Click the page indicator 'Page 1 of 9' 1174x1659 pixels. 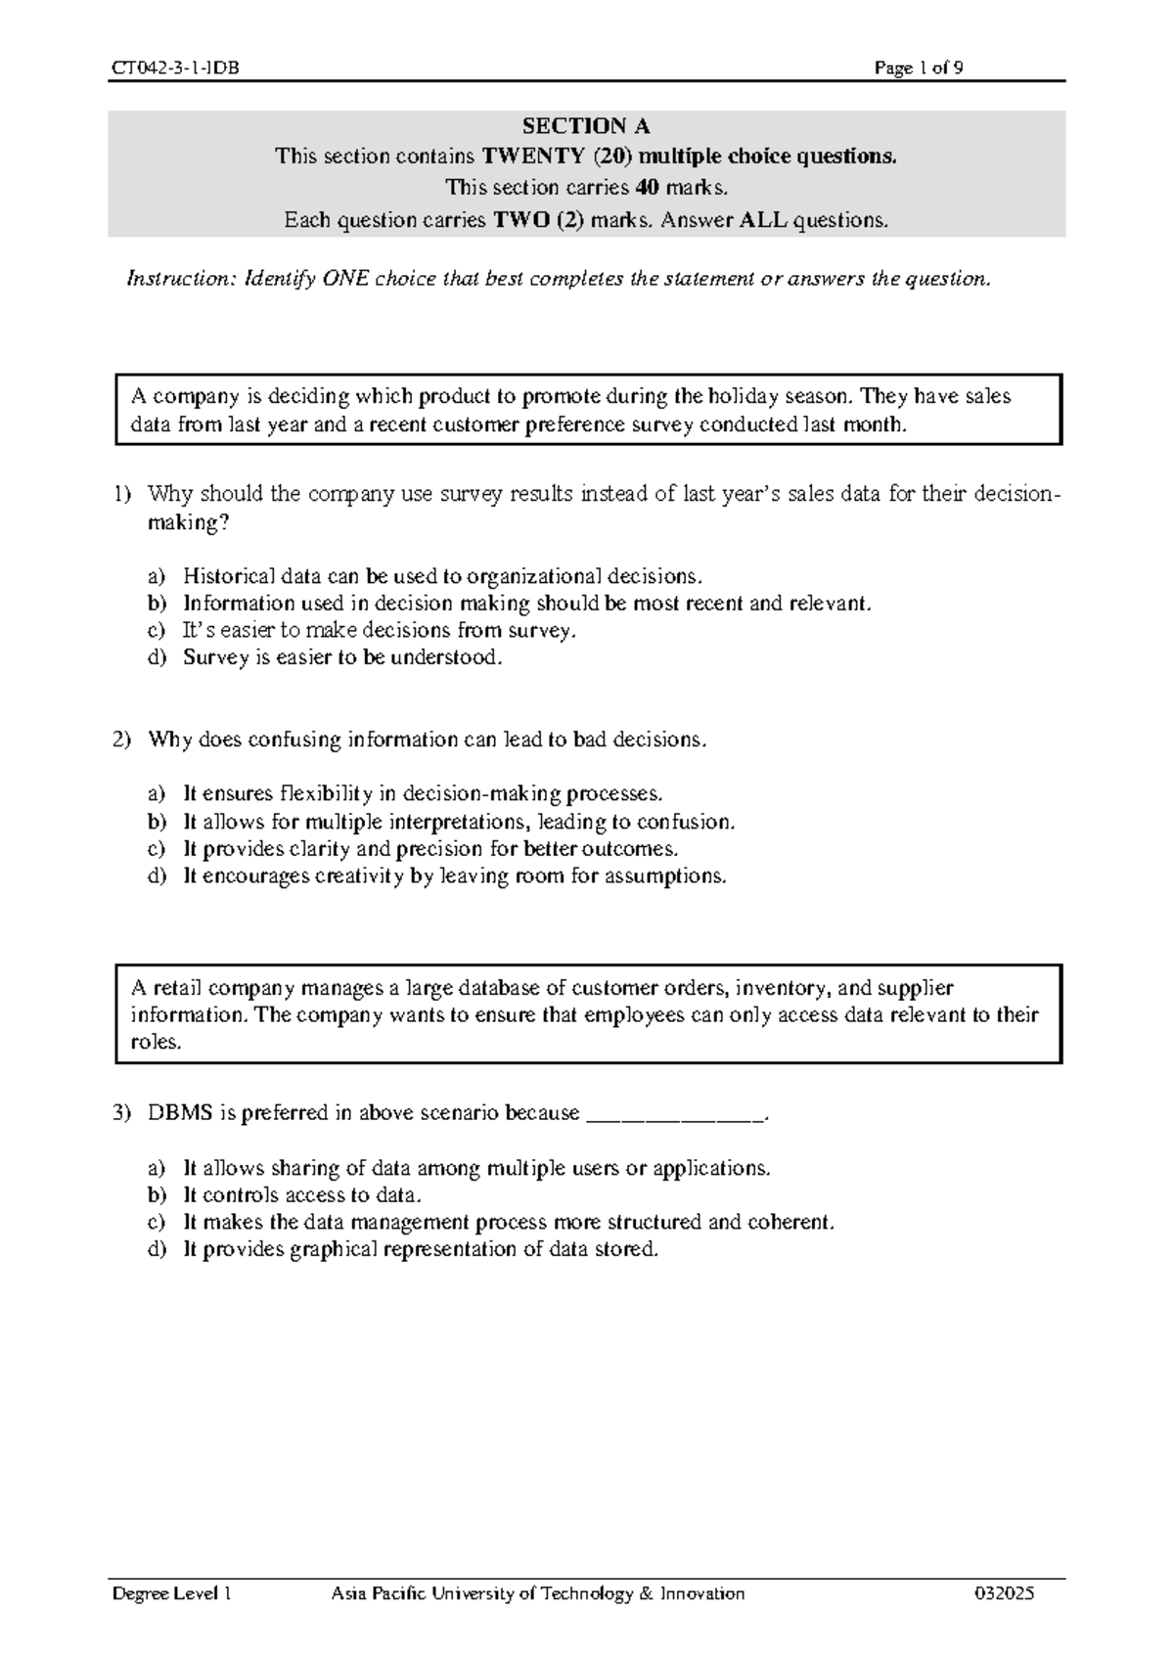(x=920, y=67)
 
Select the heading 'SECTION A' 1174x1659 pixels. (x=585, y=126)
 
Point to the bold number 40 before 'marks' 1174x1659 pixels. (x=646, y=188)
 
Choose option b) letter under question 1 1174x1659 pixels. (x=157, y=604)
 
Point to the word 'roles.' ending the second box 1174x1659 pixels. (x=157, y=1043)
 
